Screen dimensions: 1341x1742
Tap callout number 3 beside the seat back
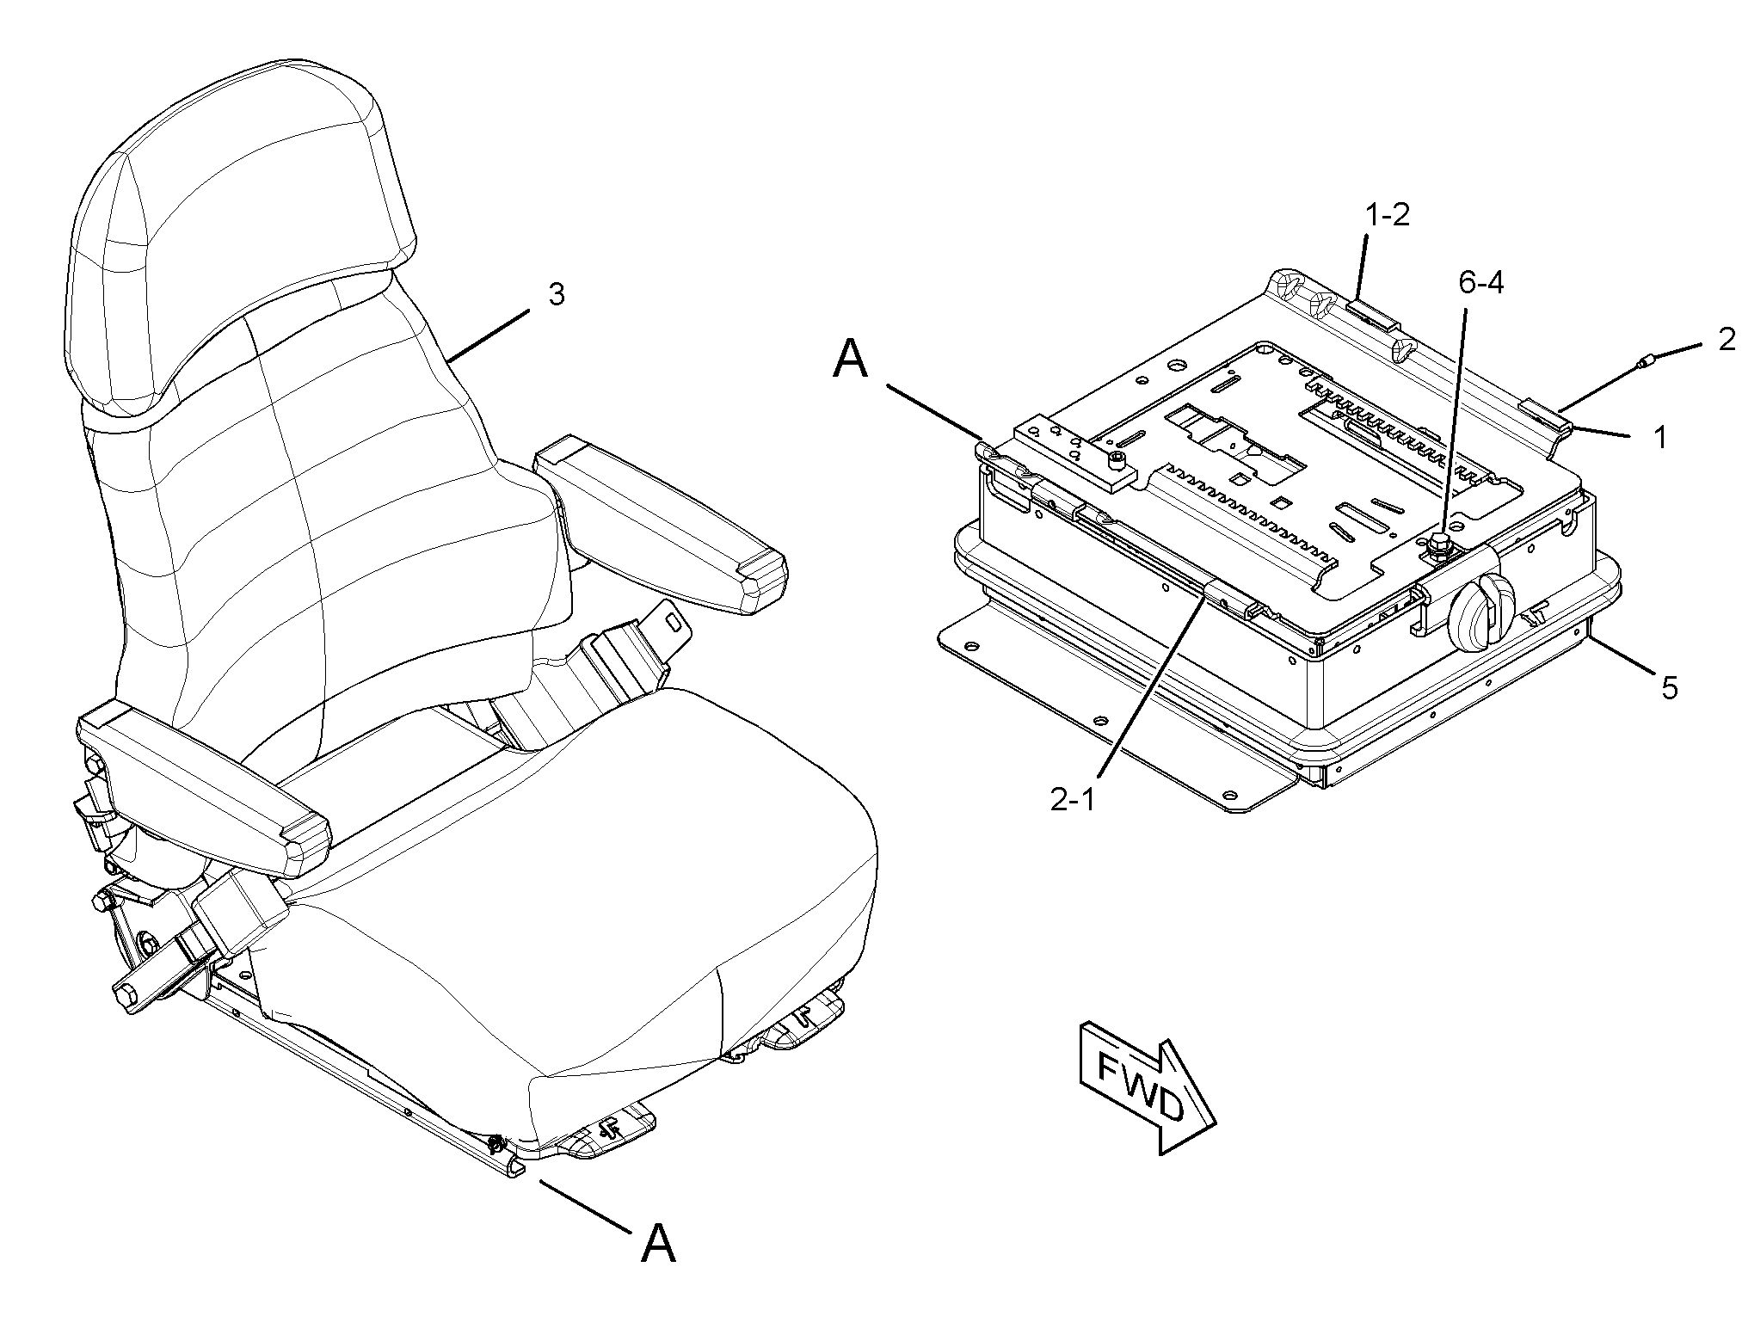coord(557,294)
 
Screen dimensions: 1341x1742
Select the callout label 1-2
coord(1388,215)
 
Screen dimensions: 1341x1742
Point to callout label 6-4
coord(1481,282)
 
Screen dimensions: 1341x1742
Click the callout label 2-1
coord(1072,800)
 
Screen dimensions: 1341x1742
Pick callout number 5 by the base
coord(1669,687)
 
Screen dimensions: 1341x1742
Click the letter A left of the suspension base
coord(851,359)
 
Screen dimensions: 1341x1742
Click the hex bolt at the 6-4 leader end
coord(1437,544)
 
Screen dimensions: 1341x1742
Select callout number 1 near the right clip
coord(1660,437)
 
